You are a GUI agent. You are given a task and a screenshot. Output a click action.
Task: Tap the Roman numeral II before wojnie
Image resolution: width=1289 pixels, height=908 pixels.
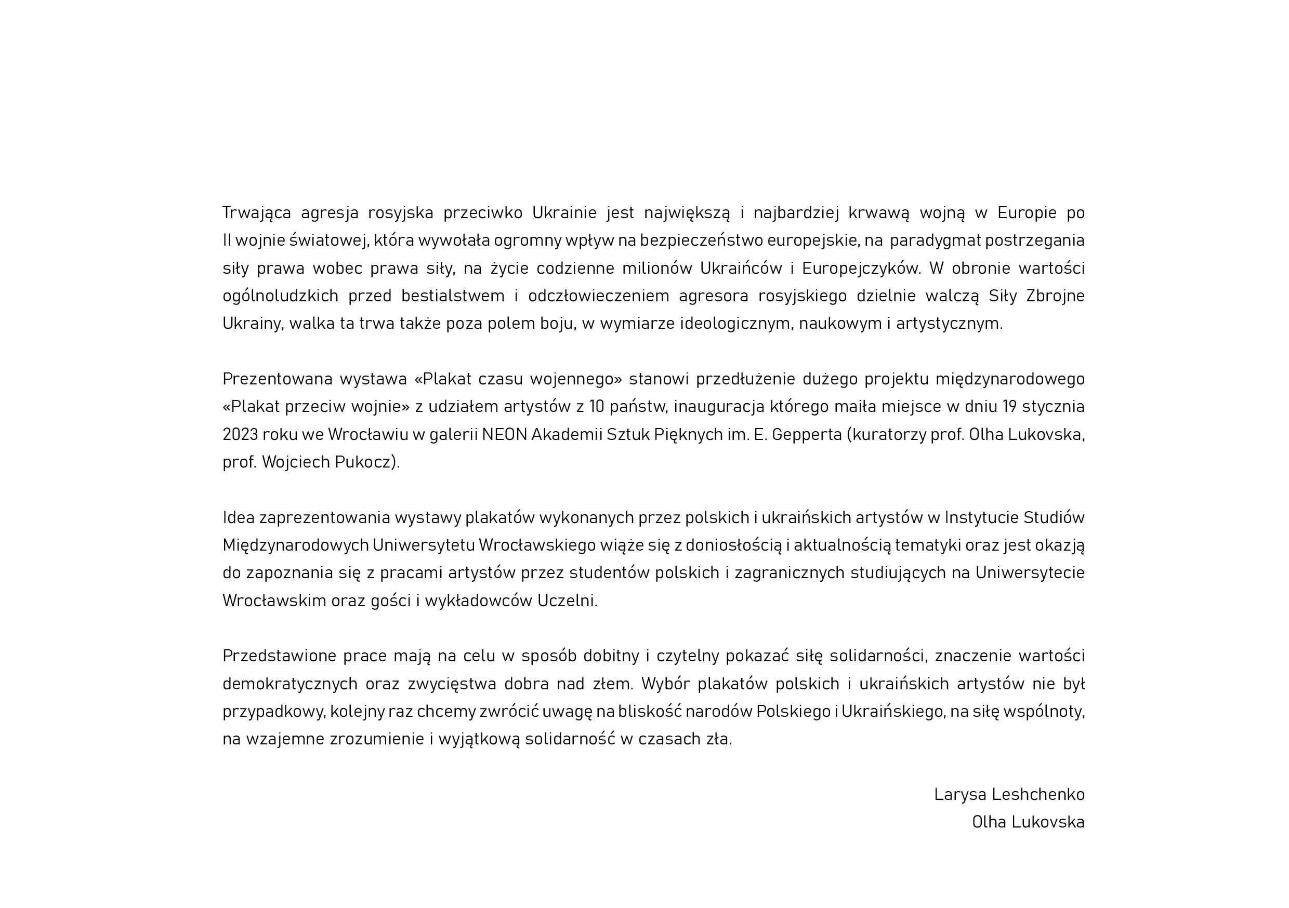click(x=227, y=240)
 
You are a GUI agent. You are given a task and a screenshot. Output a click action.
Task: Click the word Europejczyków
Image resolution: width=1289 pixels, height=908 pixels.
click(x=861, y=269)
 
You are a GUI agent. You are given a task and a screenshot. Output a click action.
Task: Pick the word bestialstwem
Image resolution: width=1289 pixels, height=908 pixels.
click(x=453, y=296)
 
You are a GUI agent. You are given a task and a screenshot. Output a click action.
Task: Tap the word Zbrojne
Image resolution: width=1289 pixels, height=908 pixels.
click(x=1055, y=296)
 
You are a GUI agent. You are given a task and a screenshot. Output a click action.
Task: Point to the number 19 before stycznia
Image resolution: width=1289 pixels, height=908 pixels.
click(x=1009, y=407)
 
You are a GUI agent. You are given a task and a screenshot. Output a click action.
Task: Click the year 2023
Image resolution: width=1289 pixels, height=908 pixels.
click(x=240, y=435)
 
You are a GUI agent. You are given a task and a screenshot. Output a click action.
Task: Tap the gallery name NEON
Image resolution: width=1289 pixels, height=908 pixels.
click(x=504, y=435)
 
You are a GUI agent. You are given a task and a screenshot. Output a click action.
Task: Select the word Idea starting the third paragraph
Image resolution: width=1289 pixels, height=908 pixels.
click(x=238, y=517)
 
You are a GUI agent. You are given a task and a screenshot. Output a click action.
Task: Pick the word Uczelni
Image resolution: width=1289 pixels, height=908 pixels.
click(x=567, y=601)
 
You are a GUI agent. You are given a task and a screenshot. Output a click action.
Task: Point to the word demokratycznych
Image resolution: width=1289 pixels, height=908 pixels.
click(x=290, y=684)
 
